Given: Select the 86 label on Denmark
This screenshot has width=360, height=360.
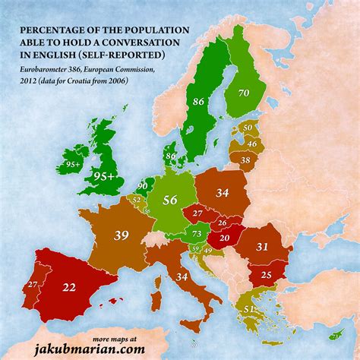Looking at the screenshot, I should click(x=170, y=155).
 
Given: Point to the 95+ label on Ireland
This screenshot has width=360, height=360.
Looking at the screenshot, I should click(x=74, y=162).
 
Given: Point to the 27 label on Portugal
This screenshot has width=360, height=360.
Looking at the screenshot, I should click(x=32, y=285).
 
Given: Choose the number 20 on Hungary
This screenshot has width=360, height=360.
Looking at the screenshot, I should click(x=224, y=237).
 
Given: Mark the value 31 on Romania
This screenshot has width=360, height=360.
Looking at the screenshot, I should click(x=262, y=246).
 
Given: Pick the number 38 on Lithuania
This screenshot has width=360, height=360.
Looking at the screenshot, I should click(x=245, y=160).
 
